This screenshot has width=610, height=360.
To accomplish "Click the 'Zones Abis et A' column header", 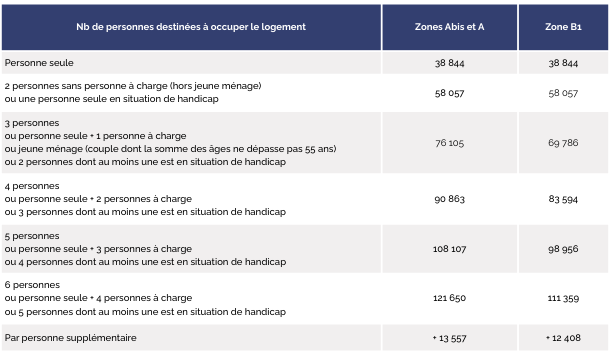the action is [449, 26].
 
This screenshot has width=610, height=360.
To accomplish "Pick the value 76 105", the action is [449, 143].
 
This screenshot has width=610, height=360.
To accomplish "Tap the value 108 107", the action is [449, 249].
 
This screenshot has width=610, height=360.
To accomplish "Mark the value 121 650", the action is [449, 299].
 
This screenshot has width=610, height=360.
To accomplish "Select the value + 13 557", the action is [449, 338].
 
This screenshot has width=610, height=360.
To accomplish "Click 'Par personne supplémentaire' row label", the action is [70, 338].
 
